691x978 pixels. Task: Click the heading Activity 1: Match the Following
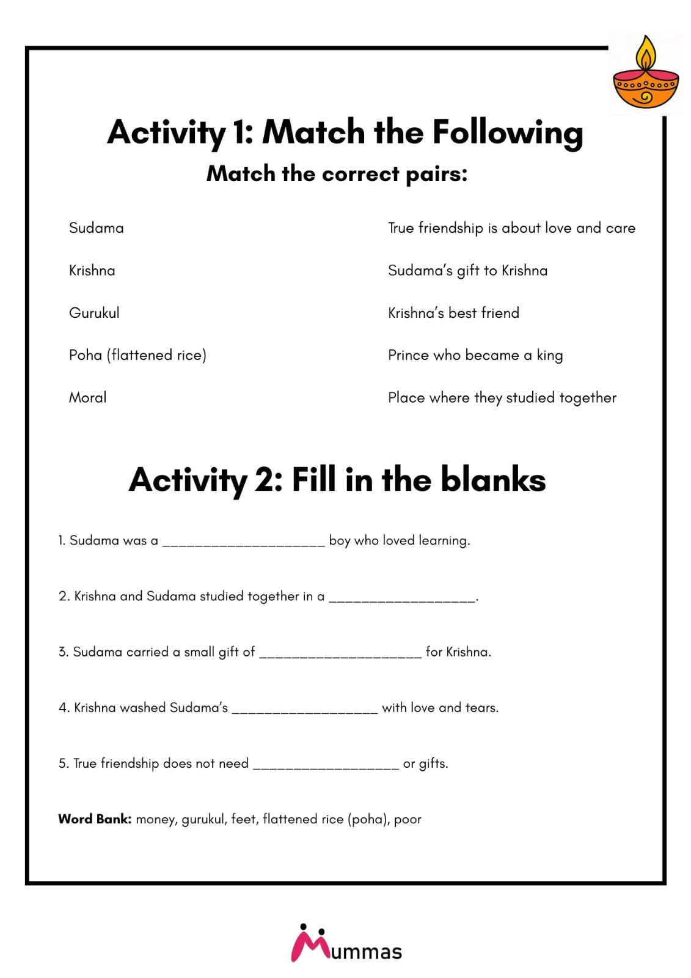(x=345, y=132)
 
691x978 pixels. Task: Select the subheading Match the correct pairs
(x=337, y=174)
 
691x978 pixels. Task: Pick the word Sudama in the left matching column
(x=96, y=228)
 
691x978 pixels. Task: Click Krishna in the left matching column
(x=92, y=270)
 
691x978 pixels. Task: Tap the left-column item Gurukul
(x=94, y=313)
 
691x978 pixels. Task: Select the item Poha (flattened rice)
(x=137, y=355)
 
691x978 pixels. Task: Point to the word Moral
(x=87, y=397)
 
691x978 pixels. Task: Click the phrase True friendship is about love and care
(x=511, y=228)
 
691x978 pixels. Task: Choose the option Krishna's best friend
(x=453, y=313)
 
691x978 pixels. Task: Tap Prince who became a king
(x=475, y=355)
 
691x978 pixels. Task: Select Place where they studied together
(x=502, y=397)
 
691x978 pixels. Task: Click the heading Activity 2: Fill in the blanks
(x=337, y=480)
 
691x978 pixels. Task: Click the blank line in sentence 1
(x=243, y=542)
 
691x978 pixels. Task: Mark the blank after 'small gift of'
(x=340, y=653)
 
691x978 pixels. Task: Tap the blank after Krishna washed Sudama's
(x=305, y=709)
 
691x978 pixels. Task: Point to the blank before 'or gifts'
(x=326, y=765)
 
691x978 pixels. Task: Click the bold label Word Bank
(x=95, y=819)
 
